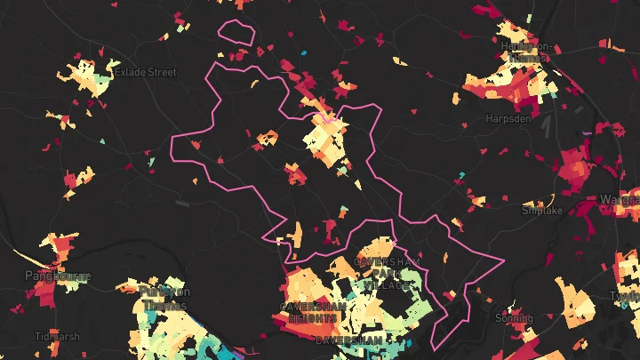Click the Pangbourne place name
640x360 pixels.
click(57, 276)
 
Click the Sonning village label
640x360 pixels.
click(514, 317)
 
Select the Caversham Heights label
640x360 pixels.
click(309, 311)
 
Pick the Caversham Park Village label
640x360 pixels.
click(384, 274)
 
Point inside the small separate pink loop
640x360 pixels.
click(237, 32)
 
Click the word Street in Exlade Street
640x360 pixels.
click(161, 72)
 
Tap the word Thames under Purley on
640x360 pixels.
click(164, 306)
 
